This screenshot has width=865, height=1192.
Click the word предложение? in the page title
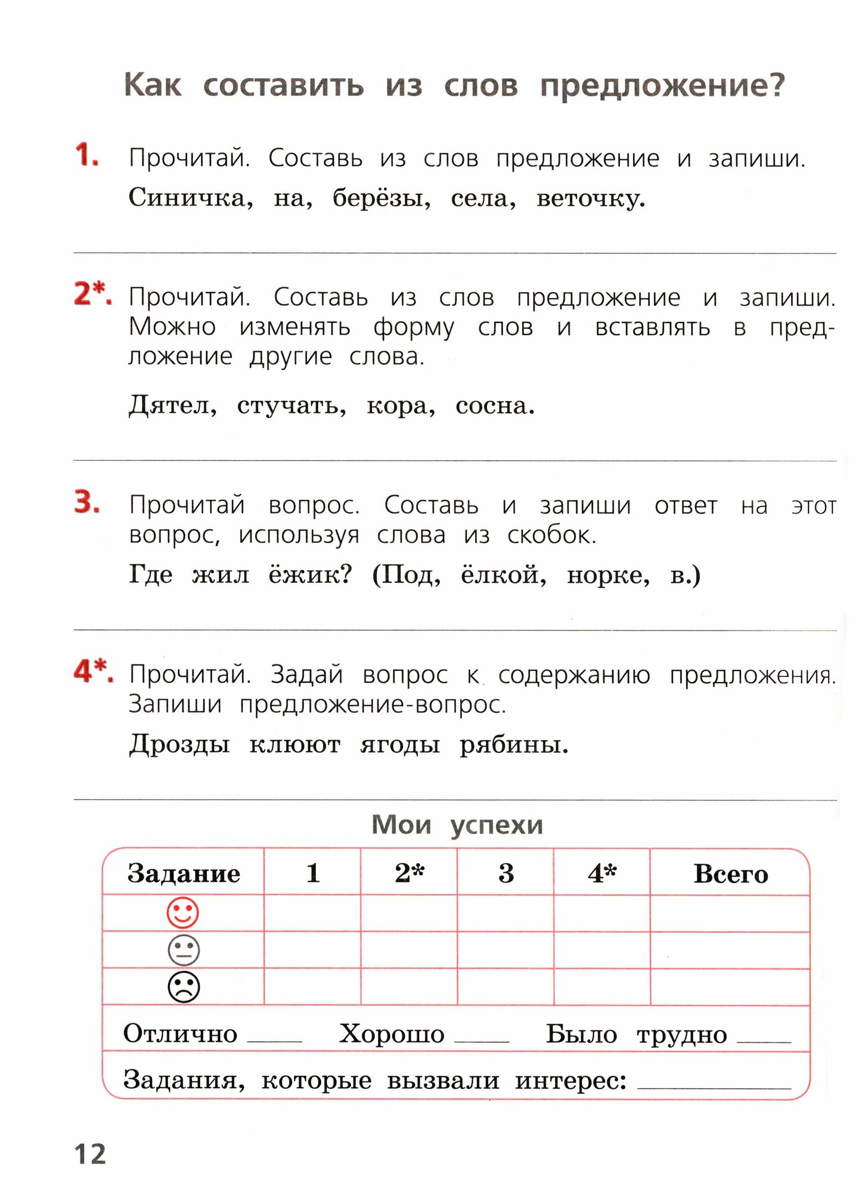(x=662, y=86)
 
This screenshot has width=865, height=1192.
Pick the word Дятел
(x=172, y=406)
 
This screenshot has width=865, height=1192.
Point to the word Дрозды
(x=179, y=744)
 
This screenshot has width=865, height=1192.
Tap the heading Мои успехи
(x=457, y=825)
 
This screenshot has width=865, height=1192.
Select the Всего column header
(x=730, y=874)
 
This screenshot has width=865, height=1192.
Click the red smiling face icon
(x=182, y=912)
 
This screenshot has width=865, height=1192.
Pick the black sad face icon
(x=184, y=987)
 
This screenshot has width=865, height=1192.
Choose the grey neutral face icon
(x=184, y=950)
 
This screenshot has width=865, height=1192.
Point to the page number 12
(x=90, y=1154)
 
